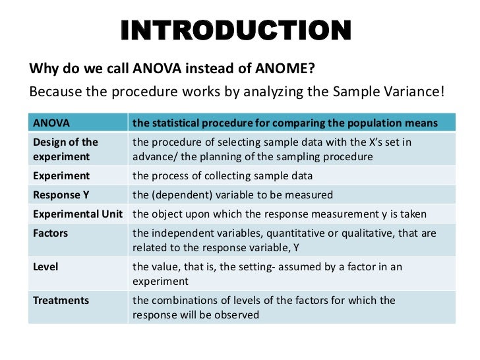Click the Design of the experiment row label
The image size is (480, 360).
[65, 149]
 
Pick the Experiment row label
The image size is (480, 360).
[61, 176]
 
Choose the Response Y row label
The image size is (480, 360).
[61, 195]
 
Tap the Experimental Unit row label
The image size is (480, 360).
[80, 214]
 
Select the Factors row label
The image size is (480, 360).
[51, 233]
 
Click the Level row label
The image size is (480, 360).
[46, 267]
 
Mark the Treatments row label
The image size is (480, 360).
[61, 301]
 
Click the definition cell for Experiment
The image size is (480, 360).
[222, 176]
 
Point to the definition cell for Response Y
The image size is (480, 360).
[232, 195]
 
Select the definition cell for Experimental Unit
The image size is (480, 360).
[280, 214]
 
